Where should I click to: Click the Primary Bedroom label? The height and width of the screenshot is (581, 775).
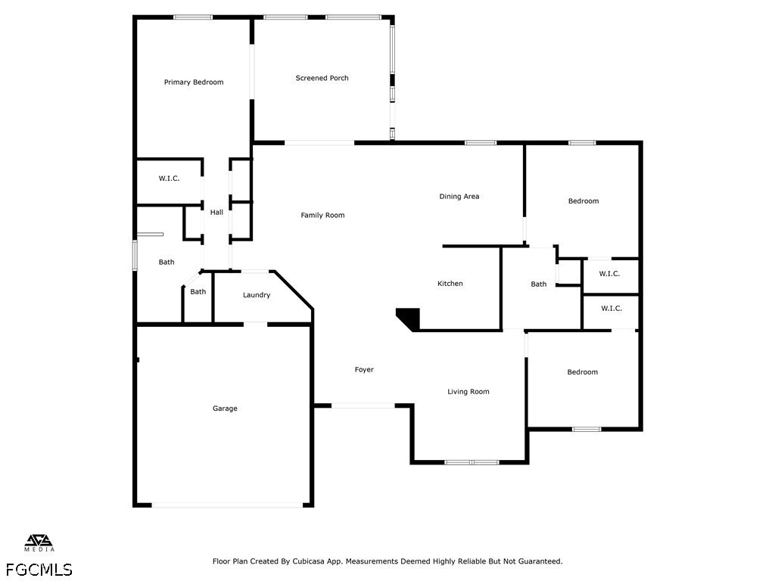[194, 82]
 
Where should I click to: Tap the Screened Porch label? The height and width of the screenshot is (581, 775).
[322, 78]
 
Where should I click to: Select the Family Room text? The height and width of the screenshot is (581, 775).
[322, 216]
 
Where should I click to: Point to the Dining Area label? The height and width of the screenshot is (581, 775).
[459, 197]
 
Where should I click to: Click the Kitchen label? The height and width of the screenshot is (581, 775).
[450, 284]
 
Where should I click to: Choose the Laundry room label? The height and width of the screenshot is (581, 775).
[257, 296]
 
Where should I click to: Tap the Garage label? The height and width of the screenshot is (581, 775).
[225, 409]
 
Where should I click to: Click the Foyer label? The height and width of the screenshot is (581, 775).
[364, 370]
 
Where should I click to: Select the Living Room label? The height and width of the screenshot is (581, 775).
[468, 392]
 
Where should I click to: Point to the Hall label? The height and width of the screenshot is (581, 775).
[216, 213]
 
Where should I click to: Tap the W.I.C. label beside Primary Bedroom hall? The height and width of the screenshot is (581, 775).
[169, 179]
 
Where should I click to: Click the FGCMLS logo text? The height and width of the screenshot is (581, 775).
[39, 570]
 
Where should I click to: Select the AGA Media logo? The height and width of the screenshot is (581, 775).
[39, 543]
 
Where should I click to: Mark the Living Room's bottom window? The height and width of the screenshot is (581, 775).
[472, 462]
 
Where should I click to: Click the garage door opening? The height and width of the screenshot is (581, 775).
[227, 505]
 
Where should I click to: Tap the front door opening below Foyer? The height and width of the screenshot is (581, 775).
[363, 405]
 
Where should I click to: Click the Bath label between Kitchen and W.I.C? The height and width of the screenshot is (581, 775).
[539, 284]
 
